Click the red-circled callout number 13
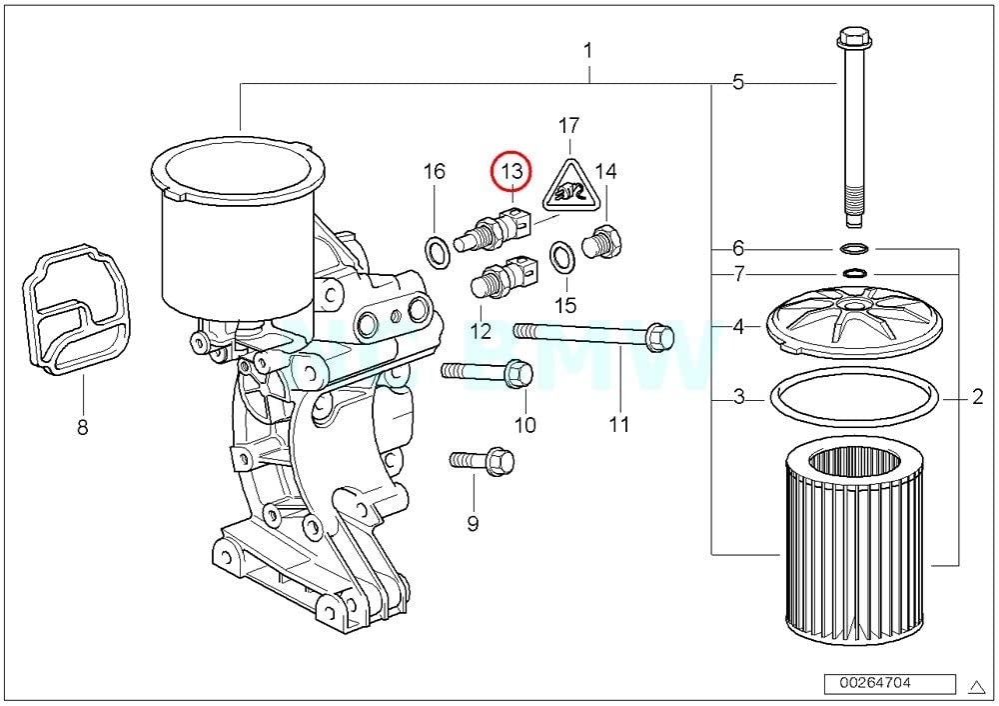tap(511, 172)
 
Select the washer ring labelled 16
tap(437, 252)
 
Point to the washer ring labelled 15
tap(563, 255)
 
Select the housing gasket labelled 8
tap(75, 310)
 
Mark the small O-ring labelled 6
tap(855, 248)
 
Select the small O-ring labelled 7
tap(855, 272)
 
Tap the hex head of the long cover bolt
tap(854, 41)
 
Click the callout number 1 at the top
tap(588, 50)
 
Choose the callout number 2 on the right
tap(977, 398)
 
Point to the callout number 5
tap(737, 82)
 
